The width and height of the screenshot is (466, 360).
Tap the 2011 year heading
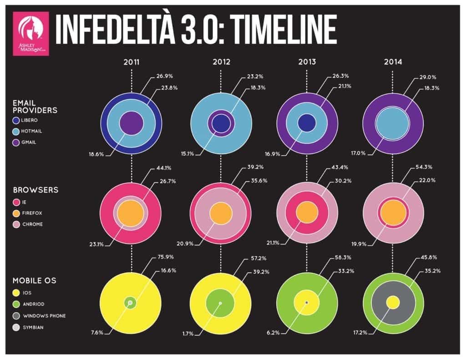tap(131, 63)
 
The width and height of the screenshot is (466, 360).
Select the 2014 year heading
tap(395, 63)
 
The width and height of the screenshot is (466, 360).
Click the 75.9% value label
tap(167, 257)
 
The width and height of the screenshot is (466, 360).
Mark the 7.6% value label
tap(97, 333)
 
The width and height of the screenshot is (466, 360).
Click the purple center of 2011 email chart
tap(132, 123)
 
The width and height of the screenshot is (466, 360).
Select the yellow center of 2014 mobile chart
tap(392, 303)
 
